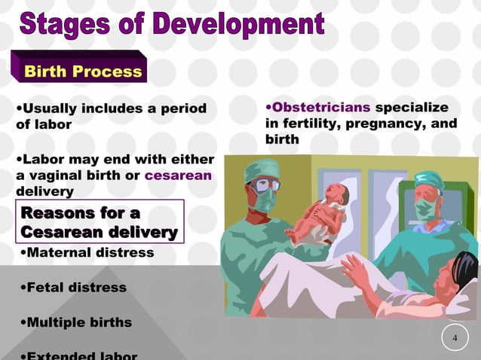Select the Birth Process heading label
click(83, 72)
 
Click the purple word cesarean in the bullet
click(178, 175)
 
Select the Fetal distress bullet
click(73, 288)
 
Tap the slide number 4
click(455, 337)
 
